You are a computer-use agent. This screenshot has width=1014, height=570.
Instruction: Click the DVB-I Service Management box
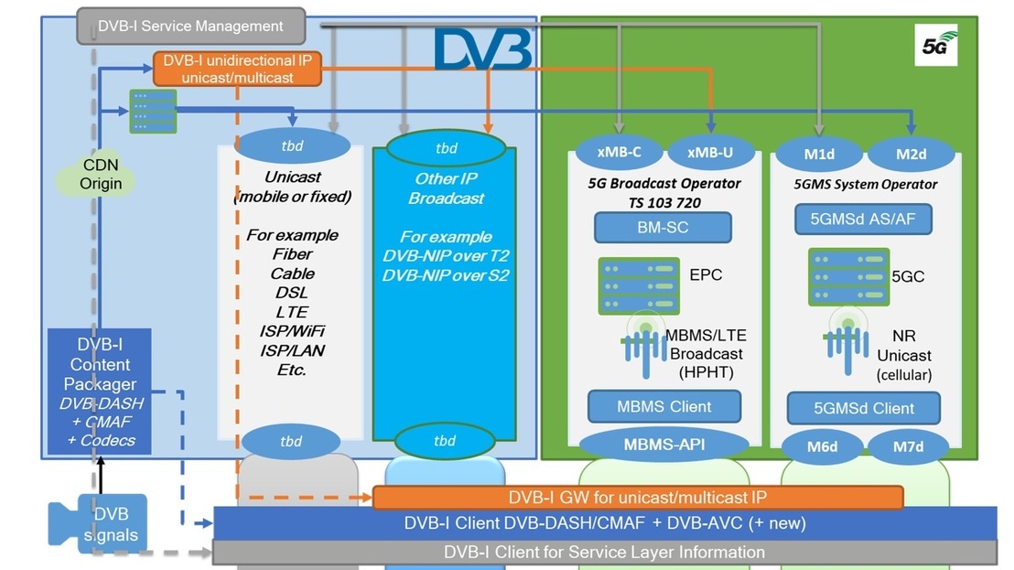[190, 26]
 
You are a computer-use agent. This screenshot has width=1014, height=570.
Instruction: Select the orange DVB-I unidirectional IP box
[237, 70]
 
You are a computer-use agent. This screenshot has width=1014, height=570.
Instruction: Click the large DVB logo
[482, 49]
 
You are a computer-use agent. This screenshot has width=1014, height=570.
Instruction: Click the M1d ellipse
[820, 154]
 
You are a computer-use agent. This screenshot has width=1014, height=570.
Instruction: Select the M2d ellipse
[911, 154]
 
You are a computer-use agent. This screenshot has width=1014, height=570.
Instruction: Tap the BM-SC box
[663, 227]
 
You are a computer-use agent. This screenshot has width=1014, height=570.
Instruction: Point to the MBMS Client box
[664, 405]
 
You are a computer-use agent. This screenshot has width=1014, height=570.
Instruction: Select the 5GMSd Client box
[864, 407]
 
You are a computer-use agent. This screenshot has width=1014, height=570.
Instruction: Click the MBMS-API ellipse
[663, 446]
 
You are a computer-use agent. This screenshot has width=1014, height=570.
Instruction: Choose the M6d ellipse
[820, 447]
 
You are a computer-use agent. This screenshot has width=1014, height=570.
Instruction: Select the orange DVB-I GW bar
[638, 498]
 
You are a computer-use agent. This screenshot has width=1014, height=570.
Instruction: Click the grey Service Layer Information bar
[604, 553]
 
